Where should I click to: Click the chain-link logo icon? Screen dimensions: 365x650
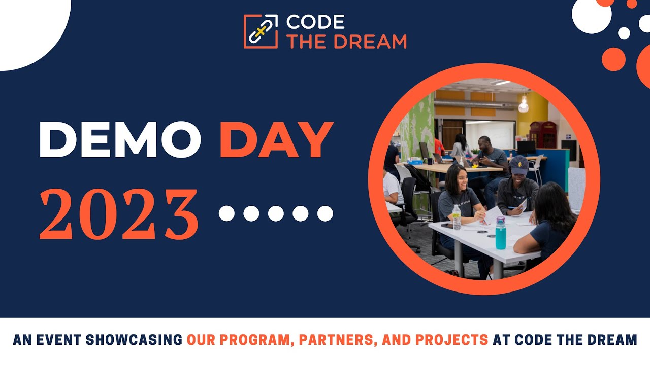[x=261, y=31]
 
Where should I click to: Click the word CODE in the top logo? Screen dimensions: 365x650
[x=315, y=22]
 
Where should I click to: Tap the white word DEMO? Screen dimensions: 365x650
[x=120, y=140]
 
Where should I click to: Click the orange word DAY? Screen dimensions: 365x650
[x=276, y=140]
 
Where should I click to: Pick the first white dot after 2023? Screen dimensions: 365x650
[x=226, y=213]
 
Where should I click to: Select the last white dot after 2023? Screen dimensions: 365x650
[x=325, y=213]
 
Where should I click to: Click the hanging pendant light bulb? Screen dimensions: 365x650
[x=524, y=105]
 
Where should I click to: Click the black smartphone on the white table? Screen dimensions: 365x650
[x=447, y=225]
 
